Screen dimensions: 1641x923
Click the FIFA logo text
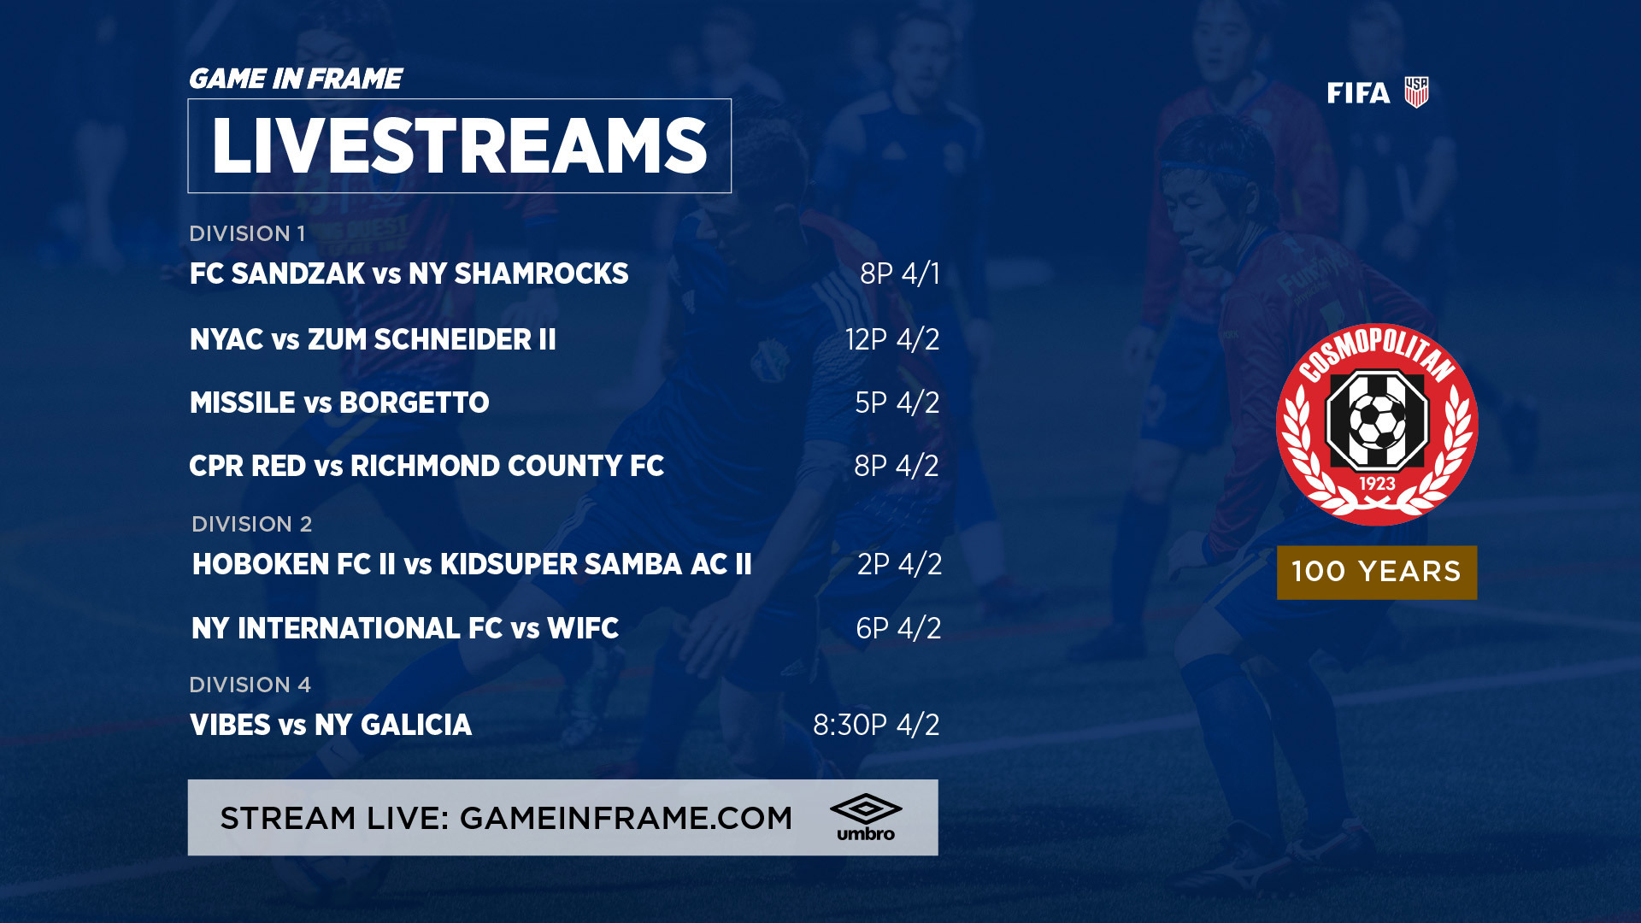pos(1358,93)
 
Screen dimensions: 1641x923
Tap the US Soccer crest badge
pos(1416,92)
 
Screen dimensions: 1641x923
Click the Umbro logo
pos(866,818)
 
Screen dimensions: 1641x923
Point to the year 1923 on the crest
pos(1377,484)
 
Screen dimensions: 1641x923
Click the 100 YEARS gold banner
pos(1377,572)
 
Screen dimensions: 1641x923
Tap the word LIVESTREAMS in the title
pos(460,146)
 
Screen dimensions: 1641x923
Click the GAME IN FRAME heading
pos(295,79)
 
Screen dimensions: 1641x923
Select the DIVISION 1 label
pos(247,233)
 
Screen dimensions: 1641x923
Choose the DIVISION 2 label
pos(251,524)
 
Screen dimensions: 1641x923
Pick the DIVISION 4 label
pos(250,685)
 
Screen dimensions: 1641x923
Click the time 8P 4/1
pos(900,273)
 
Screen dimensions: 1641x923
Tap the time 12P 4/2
pos(892,339)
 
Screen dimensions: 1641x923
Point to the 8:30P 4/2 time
pos(876,725)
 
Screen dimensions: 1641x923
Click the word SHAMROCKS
pos(541,273)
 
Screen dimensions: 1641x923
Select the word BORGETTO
pos(415,403)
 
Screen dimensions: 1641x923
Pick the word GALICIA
pos(416,725)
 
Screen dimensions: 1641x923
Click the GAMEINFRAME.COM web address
pos(626,818)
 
